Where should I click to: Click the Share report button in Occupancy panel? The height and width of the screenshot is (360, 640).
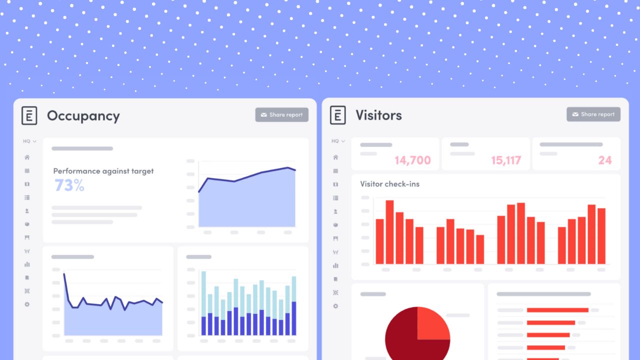point(281,115)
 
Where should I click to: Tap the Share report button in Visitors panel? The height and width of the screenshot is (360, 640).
point(593,114)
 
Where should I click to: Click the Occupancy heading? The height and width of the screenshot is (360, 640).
point(83,116)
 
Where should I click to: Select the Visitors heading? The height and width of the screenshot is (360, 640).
point(378,115)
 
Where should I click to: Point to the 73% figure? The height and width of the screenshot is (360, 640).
point(69,185)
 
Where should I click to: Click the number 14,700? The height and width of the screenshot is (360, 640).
point(412,160)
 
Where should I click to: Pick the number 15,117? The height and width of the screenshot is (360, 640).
point(506,160)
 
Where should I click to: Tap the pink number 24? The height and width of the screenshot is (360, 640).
point(605,160)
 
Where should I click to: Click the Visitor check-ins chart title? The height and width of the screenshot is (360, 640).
point(389,184)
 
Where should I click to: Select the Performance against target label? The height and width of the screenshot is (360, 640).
point(103,171)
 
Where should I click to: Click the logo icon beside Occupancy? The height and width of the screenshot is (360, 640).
point(29,116)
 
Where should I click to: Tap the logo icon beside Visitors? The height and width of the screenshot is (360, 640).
point(338,115)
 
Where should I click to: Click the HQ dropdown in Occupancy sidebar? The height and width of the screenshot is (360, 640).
point(29,141)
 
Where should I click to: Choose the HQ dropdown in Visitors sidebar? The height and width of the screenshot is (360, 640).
point(338,141)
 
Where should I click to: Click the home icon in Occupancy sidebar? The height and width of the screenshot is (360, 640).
point(27,157)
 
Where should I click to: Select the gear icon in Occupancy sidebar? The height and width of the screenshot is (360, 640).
point(27,304)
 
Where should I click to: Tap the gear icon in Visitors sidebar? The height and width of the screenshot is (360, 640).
point(335,306)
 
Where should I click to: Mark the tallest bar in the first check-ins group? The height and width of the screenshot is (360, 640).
point(389,232)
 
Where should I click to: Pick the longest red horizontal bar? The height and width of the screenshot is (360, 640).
point(557,310)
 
